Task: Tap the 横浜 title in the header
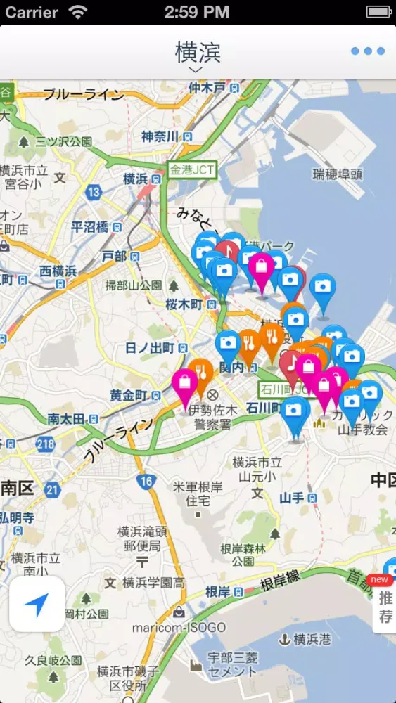(198, 52)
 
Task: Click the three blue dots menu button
(368, 51)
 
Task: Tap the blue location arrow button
(37, 603)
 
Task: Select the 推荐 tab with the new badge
(385, 606)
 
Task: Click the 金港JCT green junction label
(191, 169)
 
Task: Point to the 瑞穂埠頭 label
(338, 174)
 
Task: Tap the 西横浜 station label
(58, 271)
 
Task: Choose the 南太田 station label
(66, 419)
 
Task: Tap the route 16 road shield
(146, 482)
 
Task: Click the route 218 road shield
(46, 444)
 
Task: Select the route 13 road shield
(94, 192)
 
